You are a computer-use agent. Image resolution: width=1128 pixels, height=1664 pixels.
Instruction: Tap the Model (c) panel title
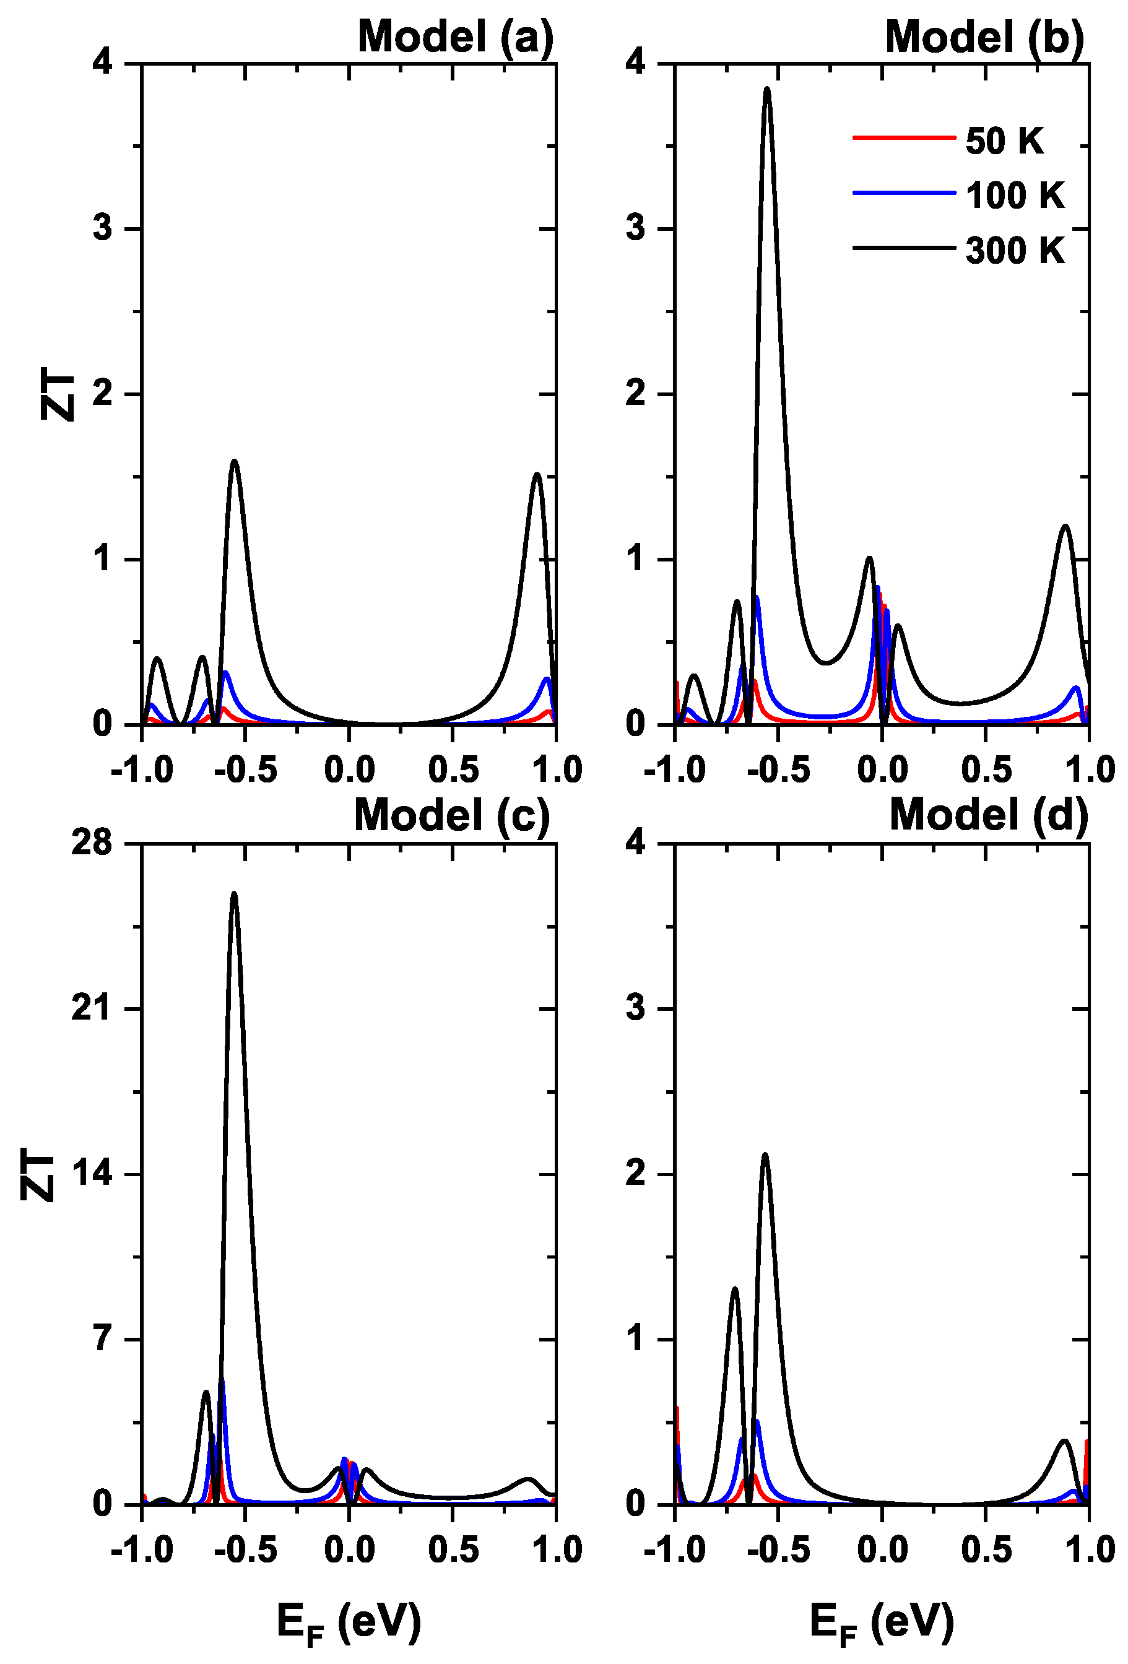452,815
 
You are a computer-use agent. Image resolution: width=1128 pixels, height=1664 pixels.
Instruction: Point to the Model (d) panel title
988,815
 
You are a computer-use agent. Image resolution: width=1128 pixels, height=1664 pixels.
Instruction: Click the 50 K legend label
1004,141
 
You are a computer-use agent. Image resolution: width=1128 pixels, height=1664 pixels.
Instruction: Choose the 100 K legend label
1015,196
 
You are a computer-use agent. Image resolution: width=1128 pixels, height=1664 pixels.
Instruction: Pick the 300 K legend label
1015,251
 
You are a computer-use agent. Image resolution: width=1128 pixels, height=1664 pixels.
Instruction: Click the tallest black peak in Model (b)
767,89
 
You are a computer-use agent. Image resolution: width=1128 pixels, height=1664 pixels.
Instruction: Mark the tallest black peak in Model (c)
233,895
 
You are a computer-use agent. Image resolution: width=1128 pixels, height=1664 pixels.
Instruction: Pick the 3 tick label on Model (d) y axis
635,1009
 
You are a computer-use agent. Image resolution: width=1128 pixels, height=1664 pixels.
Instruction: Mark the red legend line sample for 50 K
903,137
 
